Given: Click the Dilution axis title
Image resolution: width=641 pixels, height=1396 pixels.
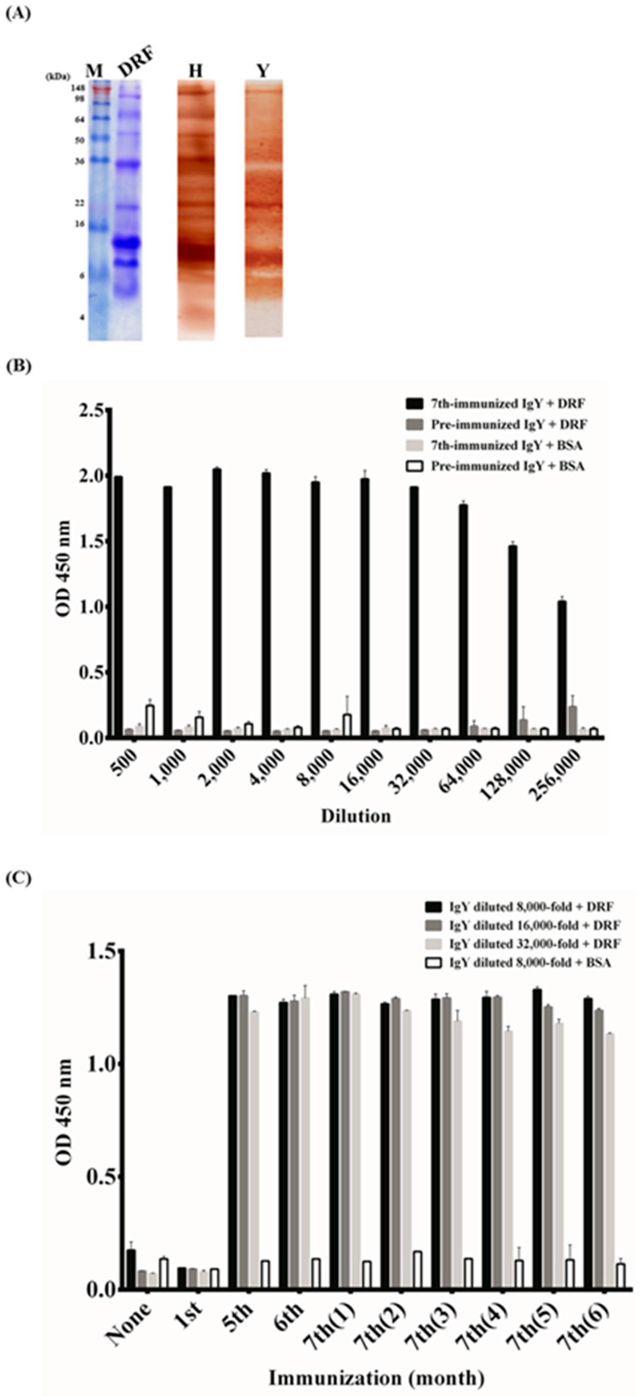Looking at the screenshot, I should (355, 816).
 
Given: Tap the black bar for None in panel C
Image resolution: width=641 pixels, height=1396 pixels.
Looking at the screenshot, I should (131, 1262).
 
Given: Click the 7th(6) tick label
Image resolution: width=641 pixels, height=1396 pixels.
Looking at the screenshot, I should (592, 1323).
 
